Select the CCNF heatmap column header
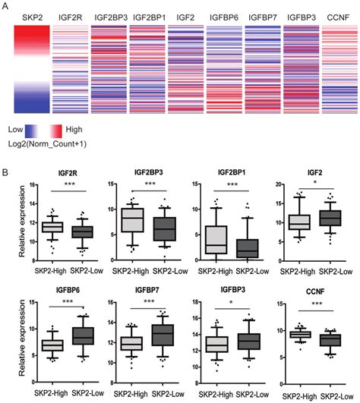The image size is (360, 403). click(338, 15)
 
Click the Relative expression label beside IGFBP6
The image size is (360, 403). click(8, 338)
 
